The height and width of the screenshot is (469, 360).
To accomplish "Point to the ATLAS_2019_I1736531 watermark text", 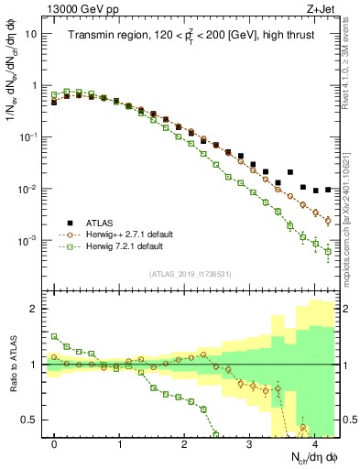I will (x=191, y=273).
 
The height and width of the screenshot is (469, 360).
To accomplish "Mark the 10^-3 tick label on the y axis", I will (x=29, y=241).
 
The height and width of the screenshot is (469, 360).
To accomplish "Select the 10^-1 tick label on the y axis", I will (x=29, y=137).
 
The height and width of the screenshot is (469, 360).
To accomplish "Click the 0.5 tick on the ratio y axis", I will (x=30, y=420).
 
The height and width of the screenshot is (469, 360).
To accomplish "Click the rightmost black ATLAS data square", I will (x=328, y=189).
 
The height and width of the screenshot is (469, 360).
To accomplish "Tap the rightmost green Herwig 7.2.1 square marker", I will (x=328, y=251).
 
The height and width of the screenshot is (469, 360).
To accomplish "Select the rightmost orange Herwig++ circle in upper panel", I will (x=328, y=219).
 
